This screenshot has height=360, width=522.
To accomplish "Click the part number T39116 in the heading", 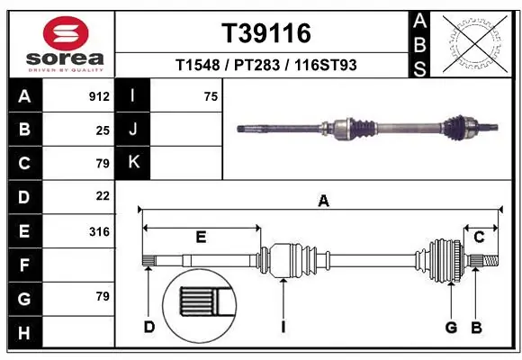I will (266, 34).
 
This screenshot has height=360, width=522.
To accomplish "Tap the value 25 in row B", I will (103, 130).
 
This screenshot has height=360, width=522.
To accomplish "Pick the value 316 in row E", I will (99, 231).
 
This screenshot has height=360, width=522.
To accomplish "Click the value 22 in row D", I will (103, 196).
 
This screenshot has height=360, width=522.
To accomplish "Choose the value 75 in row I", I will (211, 95).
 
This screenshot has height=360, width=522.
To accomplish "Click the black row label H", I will (23, 333).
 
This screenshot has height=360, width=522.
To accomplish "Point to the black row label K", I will (132, 163).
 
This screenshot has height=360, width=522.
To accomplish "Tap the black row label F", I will (23, 265).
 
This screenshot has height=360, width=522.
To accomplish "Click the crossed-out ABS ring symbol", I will (475, 41).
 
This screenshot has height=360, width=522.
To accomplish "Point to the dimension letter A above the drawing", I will (323, 202).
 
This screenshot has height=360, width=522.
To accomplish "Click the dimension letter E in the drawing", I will (201, 237).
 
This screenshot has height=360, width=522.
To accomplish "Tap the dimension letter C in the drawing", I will (479, 237).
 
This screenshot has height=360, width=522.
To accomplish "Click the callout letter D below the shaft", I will (149, 326).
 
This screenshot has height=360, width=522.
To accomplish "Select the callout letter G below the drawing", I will (451, 326).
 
